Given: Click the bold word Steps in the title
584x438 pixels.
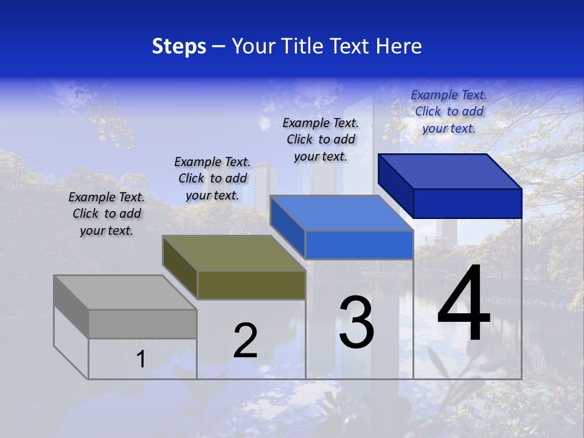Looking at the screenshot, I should click(x=179, y=46).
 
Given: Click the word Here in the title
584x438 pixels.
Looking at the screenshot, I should click(x=398, y=46).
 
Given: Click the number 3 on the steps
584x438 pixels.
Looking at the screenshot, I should click(x=356, y=322).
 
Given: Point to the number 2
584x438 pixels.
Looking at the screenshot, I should click(x=245, y=341).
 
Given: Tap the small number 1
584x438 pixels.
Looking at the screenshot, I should click(x=141, y=360).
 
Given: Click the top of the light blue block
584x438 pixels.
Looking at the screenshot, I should click(x=341, y=213).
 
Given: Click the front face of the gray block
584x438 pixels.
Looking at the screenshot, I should click(x=142, y=324).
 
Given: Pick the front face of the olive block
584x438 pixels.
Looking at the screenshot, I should click(x=251, y=285).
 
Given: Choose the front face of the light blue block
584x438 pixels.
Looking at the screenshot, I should click(x=359, y=245).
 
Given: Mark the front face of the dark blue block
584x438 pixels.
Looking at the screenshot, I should click(x=467, y=203).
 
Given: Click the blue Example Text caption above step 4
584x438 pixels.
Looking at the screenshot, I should click(x=449, y=111).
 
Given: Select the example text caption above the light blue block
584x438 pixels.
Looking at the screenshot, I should click(x=321, y=139).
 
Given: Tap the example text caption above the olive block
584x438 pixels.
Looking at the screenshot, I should click(x=212, y=178).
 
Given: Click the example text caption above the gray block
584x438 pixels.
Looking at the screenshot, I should click(x=106, y=214).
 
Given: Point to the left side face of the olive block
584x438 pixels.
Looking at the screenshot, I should click(x=180, y=268).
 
